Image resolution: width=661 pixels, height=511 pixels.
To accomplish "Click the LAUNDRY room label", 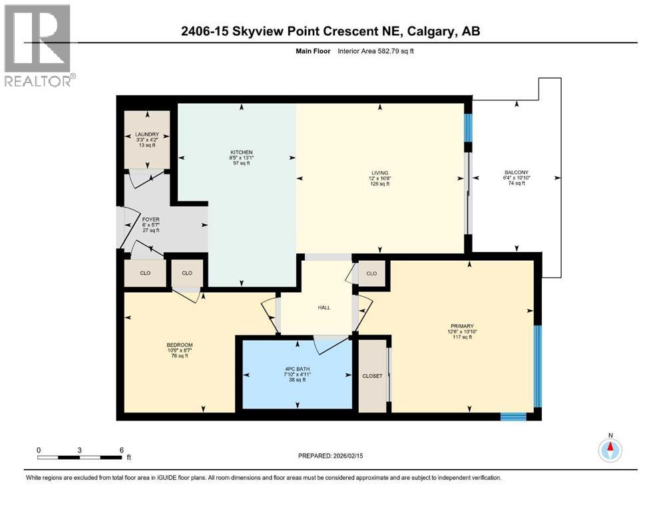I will coord(146,134).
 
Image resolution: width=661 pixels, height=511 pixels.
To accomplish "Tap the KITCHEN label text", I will coord(237,153).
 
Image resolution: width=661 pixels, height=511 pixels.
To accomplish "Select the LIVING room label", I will coord(380,173).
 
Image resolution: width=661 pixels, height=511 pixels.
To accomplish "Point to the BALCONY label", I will coord(517,173).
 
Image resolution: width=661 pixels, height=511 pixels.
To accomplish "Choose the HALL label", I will coord(324,307).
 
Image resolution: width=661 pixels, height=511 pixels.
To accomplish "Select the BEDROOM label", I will coord(180,345).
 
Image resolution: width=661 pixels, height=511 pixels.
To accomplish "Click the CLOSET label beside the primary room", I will coord(373,376).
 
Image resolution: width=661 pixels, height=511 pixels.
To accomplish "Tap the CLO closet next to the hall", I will coord(371,273).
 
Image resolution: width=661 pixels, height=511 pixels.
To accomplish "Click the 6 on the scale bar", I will coord(121,450).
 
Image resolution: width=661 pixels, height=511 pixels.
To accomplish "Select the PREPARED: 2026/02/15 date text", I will coord(331,456).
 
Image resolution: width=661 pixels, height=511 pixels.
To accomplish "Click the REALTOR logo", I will coord(39,45).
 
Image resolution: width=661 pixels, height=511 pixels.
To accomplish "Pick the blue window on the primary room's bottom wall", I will coord(513,417).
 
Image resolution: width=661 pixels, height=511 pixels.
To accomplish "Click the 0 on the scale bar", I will coord(39,450).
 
